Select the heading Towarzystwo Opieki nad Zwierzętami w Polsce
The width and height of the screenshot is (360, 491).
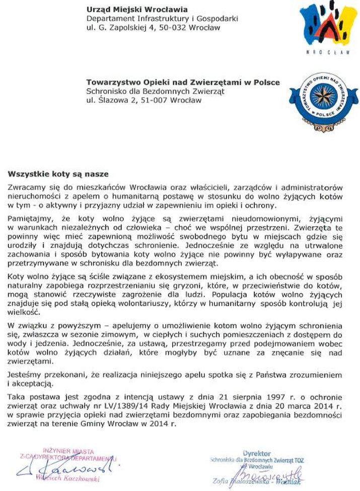point(183,82)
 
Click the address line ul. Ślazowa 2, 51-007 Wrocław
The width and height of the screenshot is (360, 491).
point(143,100)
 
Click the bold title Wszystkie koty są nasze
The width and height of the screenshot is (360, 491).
point(58,174)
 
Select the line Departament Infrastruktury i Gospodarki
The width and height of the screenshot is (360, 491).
point(162,19)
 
